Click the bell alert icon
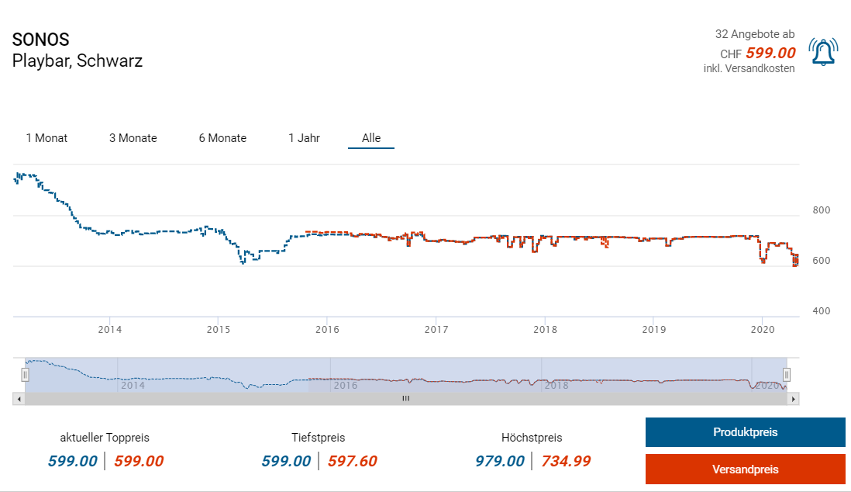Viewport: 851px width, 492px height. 822,52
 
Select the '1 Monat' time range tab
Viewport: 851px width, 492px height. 47,138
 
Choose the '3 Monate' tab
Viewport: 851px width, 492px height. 133,138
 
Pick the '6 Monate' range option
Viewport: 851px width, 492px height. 222,138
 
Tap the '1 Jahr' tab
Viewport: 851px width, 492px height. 304,138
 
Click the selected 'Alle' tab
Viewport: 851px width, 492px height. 371,138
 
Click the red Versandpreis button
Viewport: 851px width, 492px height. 745,469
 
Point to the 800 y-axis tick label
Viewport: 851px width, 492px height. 821,210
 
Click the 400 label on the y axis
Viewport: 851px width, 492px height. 821,311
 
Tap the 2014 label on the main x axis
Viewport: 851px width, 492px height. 110,328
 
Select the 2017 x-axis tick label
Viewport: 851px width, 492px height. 436,328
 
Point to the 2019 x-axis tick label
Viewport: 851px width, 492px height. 653,328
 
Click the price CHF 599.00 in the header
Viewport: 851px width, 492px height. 770,53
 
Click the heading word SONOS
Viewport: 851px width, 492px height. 41,40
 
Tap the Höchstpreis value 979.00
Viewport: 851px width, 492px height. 500,461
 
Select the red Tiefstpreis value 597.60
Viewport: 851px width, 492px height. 352,461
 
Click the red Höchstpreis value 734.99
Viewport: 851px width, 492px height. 566,461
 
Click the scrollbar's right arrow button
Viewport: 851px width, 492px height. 793,398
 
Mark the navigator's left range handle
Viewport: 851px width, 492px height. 25,375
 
